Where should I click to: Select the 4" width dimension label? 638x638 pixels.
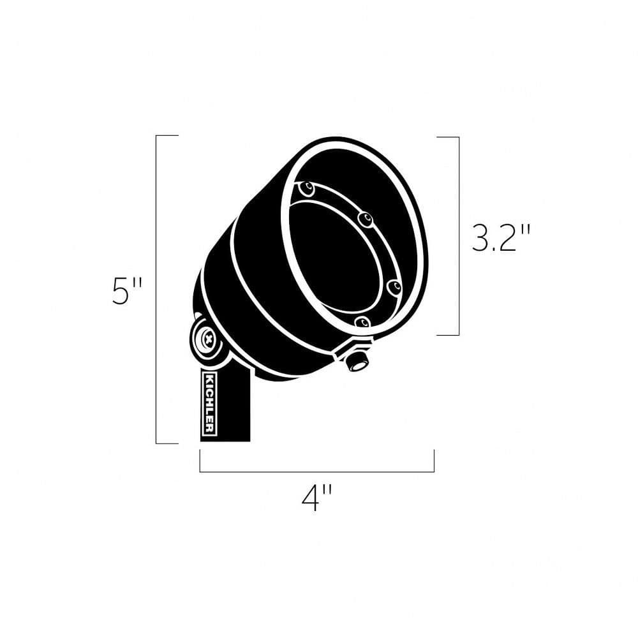click(316, 499)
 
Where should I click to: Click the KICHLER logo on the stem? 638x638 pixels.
click(209, 403)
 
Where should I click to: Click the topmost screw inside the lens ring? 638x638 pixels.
click(307, 188)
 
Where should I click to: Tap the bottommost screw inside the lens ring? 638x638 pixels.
click(362, 323)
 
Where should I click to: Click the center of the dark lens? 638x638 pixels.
click(334, 256)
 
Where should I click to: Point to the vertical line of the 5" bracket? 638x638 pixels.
click(157, 289)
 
